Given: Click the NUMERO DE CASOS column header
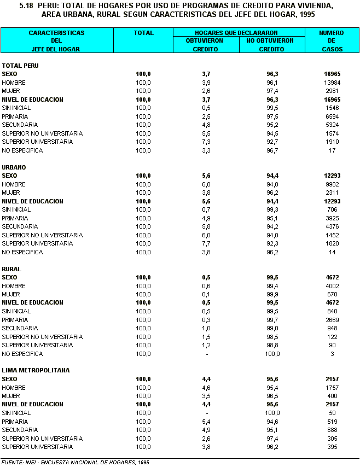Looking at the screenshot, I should click(331, 41).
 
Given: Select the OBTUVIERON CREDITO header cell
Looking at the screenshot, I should click(206, 45).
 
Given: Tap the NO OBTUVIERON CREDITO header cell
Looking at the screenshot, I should click(270, 45).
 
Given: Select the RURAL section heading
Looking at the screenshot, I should click(11, 269).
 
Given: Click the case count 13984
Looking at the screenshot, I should click(332, 83).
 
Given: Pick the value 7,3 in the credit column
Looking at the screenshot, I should click(206, 142).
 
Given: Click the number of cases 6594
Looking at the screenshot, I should click(332, 116).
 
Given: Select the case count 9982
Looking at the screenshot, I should click(332, 184).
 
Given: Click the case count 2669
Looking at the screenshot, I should click(332, 320).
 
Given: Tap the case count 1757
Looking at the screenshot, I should click(332, 388).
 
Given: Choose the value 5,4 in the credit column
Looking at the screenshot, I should click(206, 422).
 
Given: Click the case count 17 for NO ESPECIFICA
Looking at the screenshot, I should click(332, 150).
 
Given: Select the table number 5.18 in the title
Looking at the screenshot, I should click(26, 5).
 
